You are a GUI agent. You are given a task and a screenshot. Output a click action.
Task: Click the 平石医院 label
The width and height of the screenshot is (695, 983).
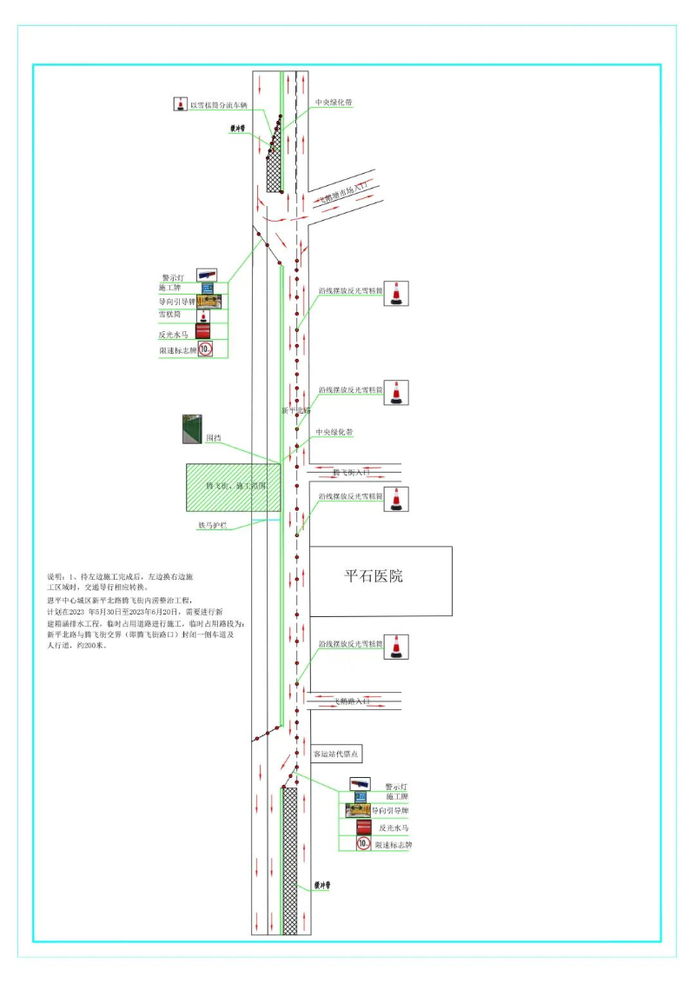(x=374, y=575)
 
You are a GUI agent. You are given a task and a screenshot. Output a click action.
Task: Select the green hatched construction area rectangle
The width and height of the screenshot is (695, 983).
(x=233, y=487)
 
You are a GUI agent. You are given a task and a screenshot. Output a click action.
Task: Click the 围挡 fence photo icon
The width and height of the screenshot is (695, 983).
(x=191, y=429)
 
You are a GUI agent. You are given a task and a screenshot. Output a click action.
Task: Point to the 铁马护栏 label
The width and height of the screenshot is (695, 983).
(x=212, y=526)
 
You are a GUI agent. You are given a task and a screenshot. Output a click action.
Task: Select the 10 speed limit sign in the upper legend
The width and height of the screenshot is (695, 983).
(x=206, y=349)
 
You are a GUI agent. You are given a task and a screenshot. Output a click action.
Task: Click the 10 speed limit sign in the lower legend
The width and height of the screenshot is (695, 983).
(x=363, y=843)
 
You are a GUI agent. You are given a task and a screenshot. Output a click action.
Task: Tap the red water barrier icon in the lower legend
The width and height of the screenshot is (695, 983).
(x=364, y=827)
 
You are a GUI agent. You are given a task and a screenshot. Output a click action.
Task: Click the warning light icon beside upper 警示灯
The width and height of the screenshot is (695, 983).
(x=207, y=275)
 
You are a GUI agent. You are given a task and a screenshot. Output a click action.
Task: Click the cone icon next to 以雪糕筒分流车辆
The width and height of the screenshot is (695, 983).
(x=180, y=104)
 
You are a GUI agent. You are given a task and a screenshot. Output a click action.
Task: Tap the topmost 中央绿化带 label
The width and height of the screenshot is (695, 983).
(x=334, y=102)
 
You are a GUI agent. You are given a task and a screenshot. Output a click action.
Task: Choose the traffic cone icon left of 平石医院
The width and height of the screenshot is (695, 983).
(x=396, y=499)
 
